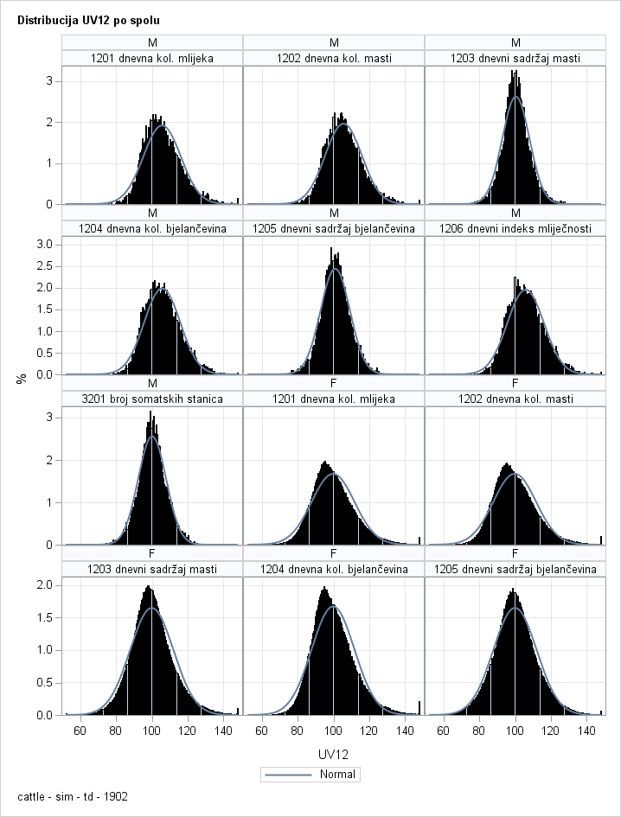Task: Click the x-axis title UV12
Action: coord(333,754)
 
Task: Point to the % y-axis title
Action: coord(22,378)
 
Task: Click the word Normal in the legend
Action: coord(338,774)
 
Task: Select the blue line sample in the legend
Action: coord(291,774)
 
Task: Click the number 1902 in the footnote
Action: coord(115,796)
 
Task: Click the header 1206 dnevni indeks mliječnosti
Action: coord(515,228)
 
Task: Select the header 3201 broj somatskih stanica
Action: coord(152,399)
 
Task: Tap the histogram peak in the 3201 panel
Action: coord(150,414)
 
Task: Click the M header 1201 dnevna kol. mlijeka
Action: coord(152,58)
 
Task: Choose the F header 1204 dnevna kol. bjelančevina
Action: coord(334,569)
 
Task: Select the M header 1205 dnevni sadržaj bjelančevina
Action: coord(334,228)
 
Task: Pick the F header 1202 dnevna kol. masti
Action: coord(515,399)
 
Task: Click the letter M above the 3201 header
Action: coord(152,383)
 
